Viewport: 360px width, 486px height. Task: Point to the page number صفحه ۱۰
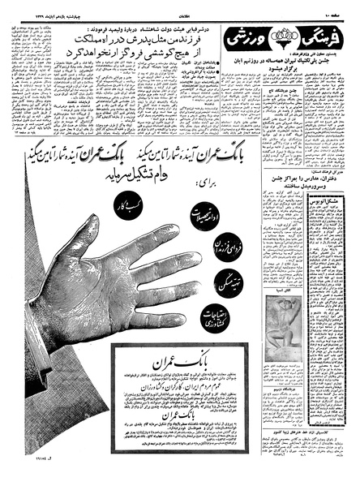click(341, 10)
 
